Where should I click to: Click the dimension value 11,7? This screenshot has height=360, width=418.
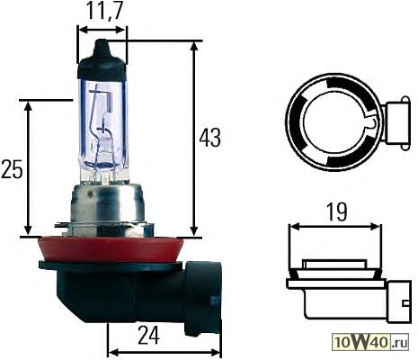[x=102, y=12]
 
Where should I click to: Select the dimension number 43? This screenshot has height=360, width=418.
[x=210, y=138]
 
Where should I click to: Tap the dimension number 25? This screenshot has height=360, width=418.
[x=12, y=169]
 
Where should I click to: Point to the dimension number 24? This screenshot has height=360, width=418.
[x=149, y=335]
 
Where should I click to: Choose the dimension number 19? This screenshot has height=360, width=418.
[x=337, y=212]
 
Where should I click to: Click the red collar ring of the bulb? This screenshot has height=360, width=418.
[x=110, y=250]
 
